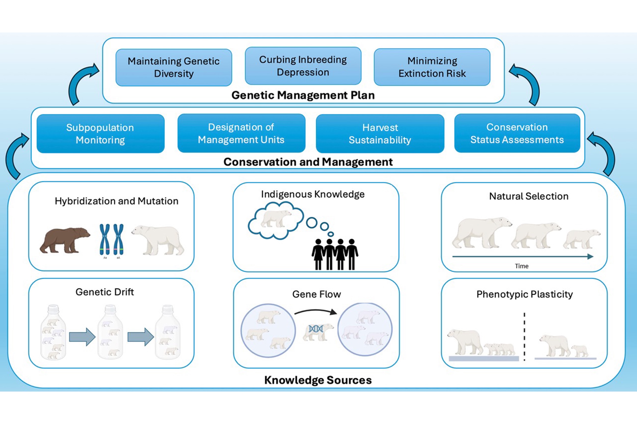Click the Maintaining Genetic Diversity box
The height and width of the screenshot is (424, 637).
click(x=174, y=67)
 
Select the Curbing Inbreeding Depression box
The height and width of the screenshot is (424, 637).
click(x=303, y=66)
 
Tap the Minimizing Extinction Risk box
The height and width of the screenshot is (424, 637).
click(x=432, y=67)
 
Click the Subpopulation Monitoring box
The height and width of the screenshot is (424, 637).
click(x=100, y=134)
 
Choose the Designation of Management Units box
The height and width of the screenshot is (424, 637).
click(x=241, y=133)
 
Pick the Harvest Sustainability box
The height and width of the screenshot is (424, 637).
click(x=380, y=134)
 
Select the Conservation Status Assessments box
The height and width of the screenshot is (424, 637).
click(x=517, y=133)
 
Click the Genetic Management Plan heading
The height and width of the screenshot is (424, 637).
click(x=303, y=95)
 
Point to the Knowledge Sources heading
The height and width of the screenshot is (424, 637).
click(x=318, y=380)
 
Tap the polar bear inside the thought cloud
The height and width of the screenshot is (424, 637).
click(x=275, y=218)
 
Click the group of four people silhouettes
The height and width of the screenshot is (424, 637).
click(x=335, y=254)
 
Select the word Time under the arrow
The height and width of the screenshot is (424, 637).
click(x=521, y=266)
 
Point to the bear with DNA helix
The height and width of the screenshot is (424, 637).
click(x=317, y=331)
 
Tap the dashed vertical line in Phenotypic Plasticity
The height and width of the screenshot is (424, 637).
click(x=524, y=337)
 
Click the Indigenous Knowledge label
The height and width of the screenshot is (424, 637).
click(x=313, y=194)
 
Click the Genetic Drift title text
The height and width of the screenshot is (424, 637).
click(x=104, y=292)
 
